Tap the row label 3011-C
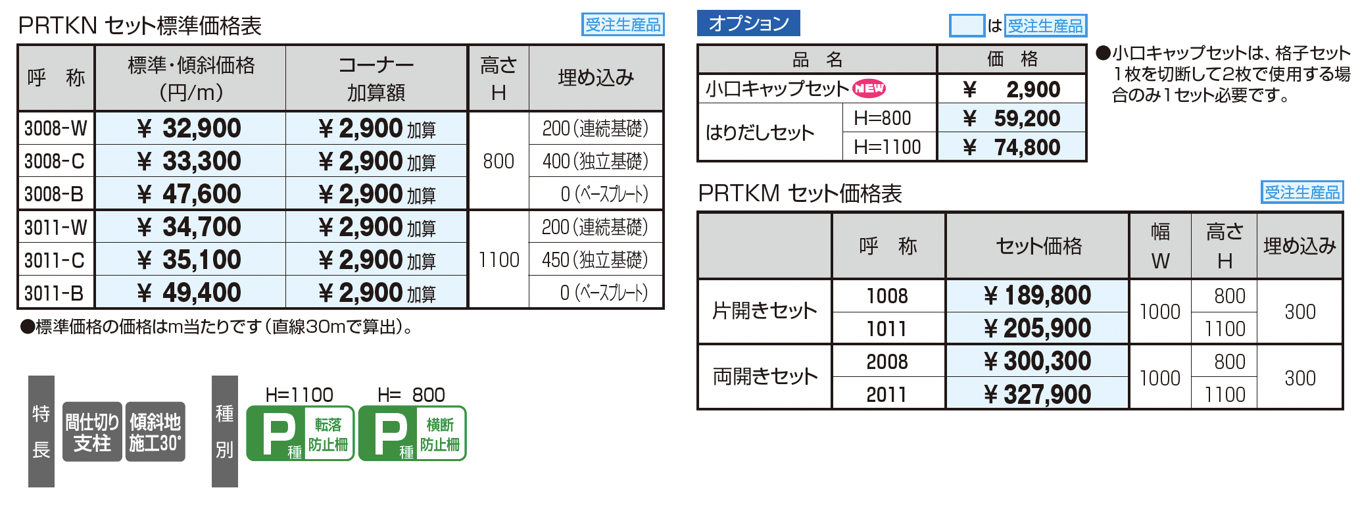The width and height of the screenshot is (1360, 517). [x=55, y=260]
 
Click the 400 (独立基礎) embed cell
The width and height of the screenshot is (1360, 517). [x=595, y=161]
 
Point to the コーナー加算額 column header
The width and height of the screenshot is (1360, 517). [x=376, y=78]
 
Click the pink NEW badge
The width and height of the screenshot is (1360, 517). [x=869, y=88]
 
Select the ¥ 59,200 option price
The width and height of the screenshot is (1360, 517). [x=1011, y=118]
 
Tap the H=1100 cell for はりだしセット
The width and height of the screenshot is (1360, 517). [x=887, y=147]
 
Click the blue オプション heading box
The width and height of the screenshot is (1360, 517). [x=748, y=23]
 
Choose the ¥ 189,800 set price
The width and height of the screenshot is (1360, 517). [x=1038, y=295]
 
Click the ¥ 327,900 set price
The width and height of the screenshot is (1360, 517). [x=1038, y=394]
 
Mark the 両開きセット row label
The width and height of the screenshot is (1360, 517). [x=765, y=376]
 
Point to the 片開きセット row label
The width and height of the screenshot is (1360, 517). [x=765, y=310]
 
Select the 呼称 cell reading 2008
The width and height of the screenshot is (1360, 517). [x=887, y=362]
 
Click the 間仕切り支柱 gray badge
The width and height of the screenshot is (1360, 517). [x=92, y=432]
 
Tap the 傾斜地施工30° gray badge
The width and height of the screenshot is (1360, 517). [x=155, y=432]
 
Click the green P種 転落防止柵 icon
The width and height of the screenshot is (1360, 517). [x=301, y=433]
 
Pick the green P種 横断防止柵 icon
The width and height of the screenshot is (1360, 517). [x=412, y=433]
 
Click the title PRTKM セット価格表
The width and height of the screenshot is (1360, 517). [x=800, y=193]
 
